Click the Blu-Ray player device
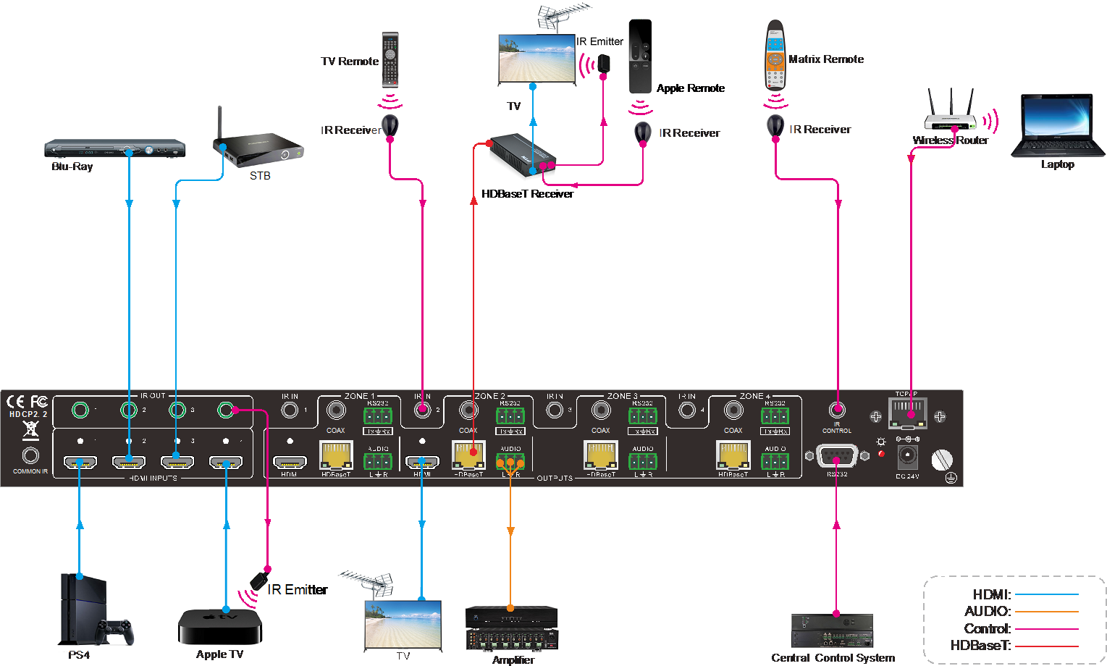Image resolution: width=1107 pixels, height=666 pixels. [114, 148]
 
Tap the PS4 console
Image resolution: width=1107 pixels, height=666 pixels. [94, 610]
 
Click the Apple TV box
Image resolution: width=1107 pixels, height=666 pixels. [219, 626]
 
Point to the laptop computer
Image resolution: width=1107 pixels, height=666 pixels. [1058, 126]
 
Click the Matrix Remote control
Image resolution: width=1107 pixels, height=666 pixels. [775, 56]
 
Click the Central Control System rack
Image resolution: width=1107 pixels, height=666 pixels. [832, 631]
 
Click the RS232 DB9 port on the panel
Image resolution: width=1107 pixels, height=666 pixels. [837, 458]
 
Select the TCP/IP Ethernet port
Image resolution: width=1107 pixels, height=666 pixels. [907, 415]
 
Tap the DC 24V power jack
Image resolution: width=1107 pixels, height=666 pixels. [907, 457]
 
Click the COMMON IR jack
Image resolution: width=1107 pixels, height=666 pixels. [30, 456]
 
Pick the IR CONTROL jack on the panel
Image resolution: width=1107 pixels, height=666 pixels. [837, 411]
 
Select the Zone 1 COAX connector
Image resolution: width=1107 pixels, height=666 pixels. [335, 411]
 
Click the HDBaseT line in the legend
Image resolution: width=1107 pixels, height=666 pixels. [1046, 646]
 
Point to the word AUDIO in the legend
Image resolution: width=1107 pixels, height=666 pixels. [987, 612]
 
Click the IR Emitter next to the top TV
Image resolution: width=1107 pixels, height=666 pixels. [604, 64]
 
